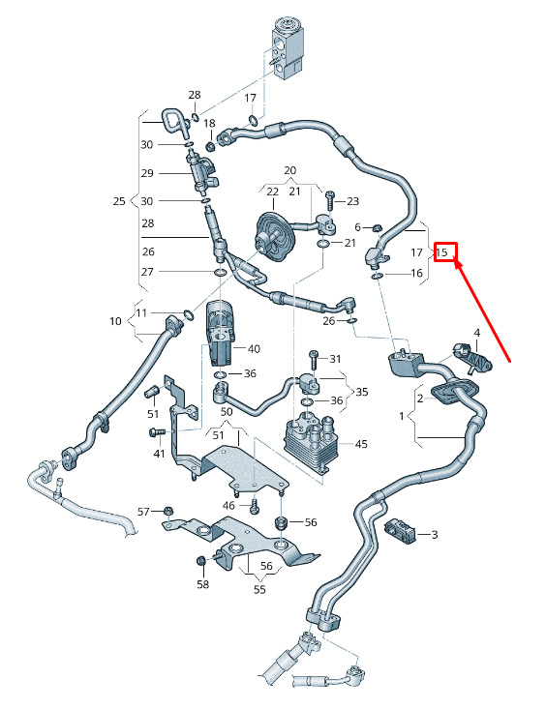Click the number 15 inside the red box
(441, 251)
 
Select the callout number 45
(361, 444)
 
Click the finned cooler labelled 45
(312, 444)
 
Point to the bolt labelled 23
(330, 200)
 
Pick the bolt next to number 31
(314, 361)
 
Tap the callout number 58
(203, 584)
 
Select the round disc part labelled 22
(273, 237)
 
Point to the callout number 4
(476, 333)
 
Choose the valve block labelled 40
(221, 332)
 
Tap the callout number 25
(119, 201)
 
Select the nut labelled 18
(210, 146)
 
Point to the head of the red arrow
(457, 263)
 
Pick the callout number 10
(115, 321)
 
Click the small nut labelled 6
(376, 227)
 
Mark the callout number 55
(259, 590)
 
